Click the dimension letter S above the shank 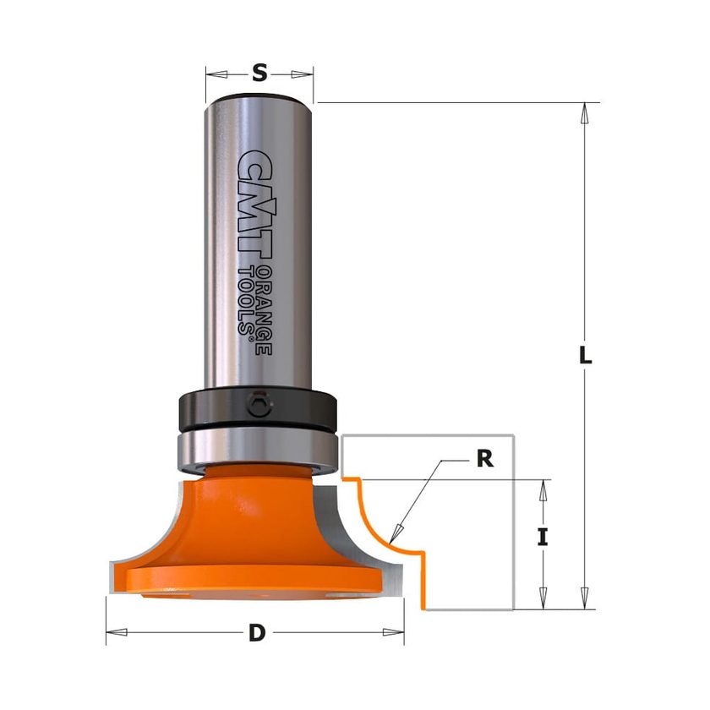pyautogui.click(x=259, y=73)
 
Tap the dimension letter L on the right pyautogui.click(x=586, y=355)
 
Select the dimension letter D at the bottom pyautogui.click(x=257, y=632)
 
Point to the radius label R pyautogui.click(x=485, y=459)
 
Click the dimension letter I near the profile pyautogui.click(x=543, y=538)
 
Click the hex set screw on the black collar pyautogui.click(x=259, y=403)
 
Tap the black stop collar pyautogui.click(x=258, y=409)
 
